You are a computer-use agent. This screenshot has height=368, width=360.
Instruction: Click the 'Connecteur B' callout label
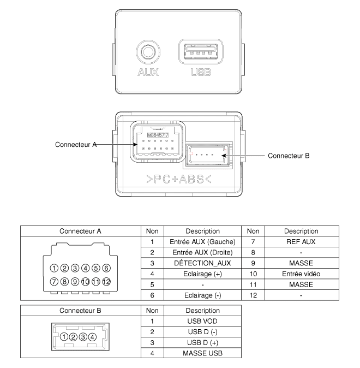(x=289, y=156)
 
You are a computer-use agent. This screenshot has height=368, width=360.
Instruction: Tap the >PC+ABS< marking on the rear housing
(x=179, y=179)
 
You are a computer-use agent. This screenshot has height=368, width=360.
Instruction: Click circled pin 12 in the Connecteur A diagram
(x=106, y=282)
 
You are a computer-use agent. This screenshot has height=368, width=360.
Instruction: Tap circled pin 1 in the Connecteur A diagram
(x=54, y=268)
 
